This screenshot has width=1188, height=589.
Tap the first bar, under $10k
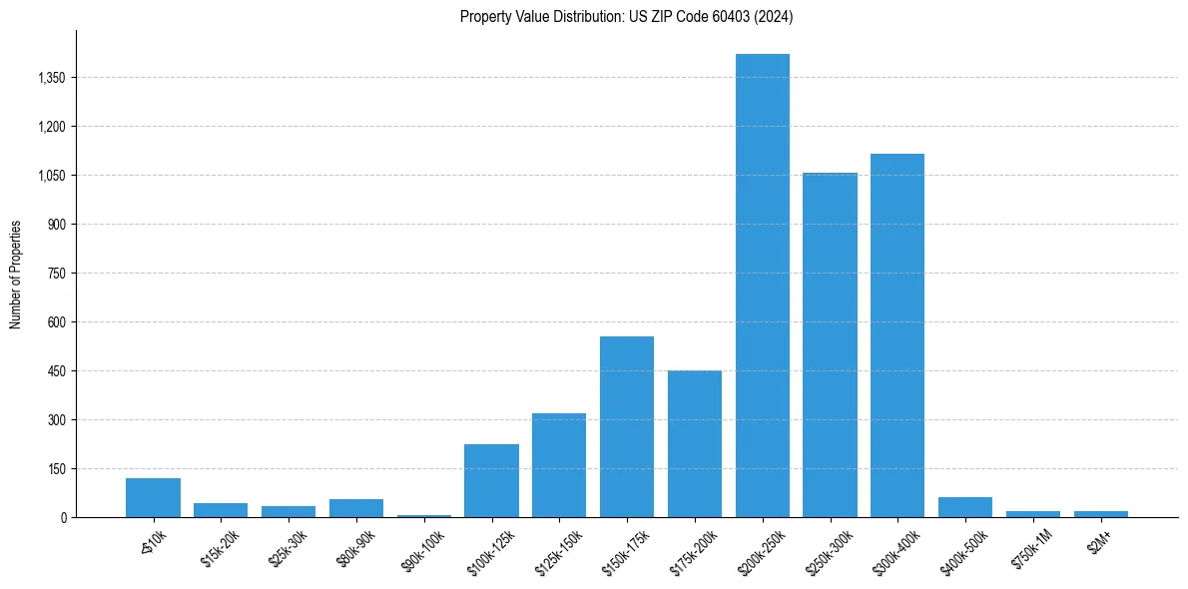tap(153, 498)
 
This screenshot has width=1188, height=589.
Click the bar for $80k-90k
tap(356, 508)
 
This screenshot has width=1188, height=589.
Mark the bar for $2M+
tap(1101, 514)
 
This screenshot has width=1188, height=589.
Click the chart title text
tap(626, 17)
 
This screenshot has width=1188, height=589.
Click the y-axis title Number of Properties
tap(16, 275)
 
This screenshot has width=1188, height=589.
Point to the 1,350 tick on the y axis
tap(50, 78)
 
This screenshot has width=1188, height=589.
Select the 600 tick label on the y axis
tap(56, 322)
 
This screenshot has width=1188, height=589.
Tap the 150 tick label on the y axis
tap(56, 469)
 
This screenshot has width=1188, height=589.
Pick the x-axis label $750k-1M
tap(1030, 548)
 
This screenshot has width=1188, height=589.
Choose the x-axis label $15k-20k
tap(220, 547)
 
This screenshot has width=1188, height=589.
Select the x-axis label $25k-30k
tap(288, 547)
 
